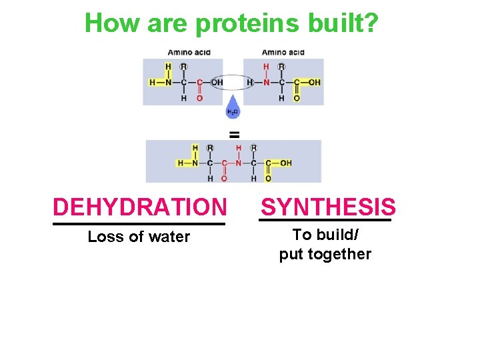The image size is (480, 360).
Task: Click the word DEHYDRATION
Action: (139, 207)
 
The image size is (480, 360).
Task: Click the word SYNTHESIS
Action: (328, 207)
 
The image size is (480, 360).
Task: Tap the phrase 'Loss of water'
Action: (139, 237)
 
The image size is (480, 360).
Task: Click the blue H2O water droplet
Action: (233, 111)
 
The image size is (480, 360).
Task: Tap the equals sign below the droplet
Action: (234, 134)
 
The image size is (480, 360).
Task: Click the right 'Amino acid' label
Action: (283, 52)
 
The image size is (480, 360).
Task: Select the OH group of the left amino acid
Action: (217, 83)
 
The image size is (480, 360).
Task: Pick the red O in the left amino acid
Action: (199, 98)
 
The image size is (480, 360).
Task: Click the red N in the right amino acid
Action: (266, 83)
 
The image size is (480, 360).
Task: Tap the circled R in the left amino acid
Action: (184, 67)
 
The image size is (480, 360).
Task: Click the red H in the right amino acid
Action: (266, 67)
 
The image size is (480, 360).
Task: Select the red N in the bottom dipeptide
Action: (238, 163)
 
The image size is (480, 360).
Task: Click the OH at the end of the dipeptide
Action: (285, 163)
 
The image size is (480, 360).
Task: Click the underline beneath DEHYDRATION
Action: (139, 224)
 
